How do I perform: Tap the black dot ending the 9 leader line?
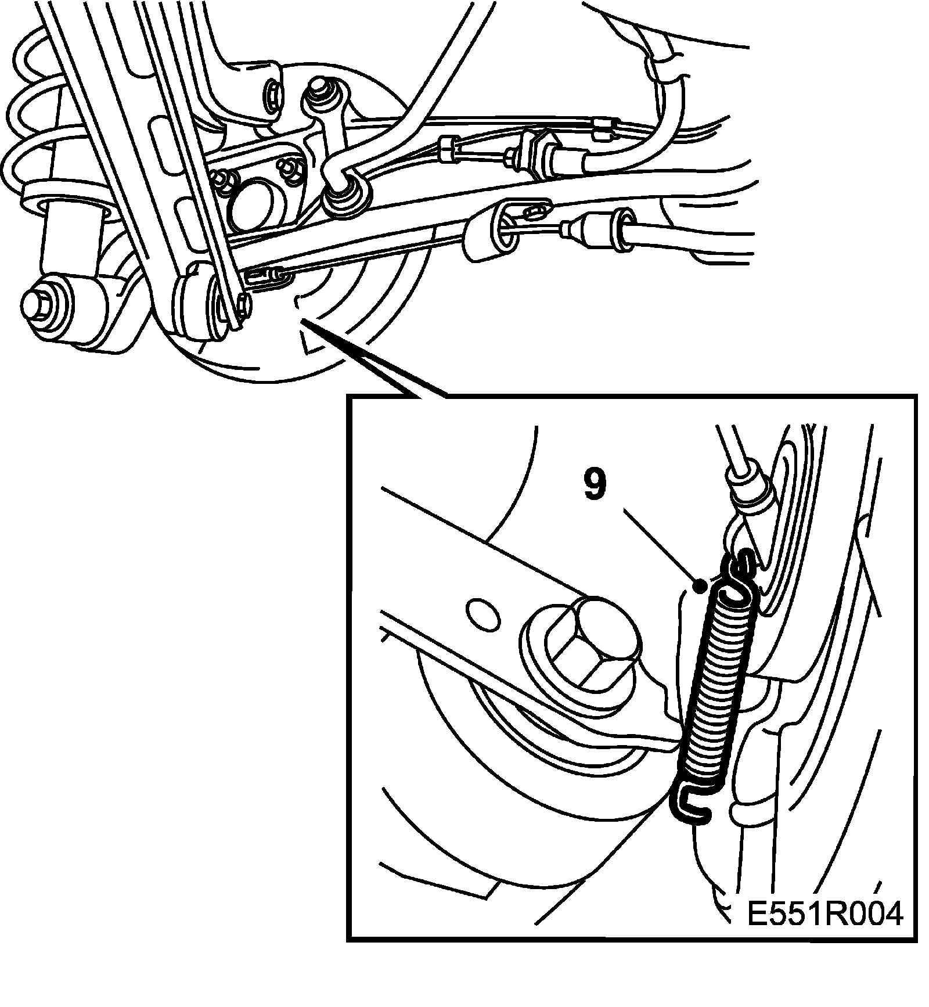pyautogui.click(x=701, y=587)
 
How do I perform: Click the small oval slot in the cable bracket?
pyautogui.click(x=538, y=211)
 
